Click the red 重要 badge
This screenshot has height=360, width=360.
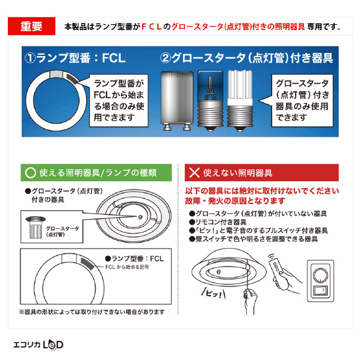(31, 26)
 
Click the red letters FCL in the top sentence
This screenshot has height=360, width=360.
(152, 27)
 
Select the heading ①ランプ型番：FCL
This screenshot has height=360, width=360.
(75, 58)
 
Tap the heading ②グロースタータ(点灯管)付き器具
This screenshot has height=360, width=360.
(246, 58)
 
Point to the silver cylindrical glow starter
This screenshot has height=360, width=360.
(177, 101)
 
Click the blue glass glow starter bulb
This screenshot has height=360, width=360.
(210, 101)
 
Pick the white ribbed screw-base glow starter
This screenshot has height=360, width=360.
(240, 101)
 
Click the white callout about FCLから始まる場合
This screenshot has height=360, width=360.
(119, 101)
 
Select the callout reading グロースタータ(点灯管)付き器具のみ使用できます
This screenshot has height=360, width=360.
(302, 101)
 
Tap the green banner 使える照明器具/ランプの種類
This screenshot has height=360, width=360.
(96, 173)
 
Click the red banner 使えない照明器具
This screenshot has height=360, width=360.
(261, 173)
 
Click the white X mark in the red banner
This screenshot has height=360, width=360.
(194, 173)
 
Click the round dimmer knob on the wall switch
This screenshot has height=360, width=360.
(320, 274)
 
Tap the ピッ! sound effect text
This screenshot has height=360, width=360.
(214, 294)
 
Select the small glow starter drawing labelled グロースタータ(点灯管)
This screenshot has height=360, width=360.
(36, 228)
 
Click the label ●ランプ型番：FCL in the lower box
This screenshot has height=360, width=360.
(134, 259)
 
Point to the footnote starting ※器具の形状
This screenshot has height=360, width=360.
(92, 312)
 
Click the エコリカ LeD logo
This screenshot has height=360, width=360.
(38, 345)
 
